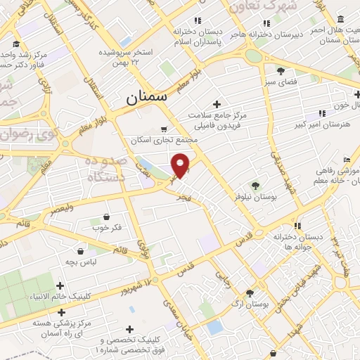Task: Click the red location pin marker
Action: coord(181,165)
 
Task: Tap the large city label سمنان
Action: coord(147,98)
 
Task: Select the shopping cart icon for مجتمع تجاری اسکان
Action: coord(164,129)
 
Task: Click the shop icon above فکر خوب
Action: coord(106,216)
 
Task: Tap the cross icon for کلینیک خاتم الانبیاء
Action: coord(60,285)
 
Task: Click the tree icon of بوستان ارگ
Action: coord(250,292)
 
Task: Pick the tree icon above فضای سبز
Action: coord(281,71)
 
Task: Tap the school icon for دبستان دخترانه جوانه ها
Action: coord(298,226)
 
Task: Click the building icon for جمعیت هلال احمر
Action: coord(340,19)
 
